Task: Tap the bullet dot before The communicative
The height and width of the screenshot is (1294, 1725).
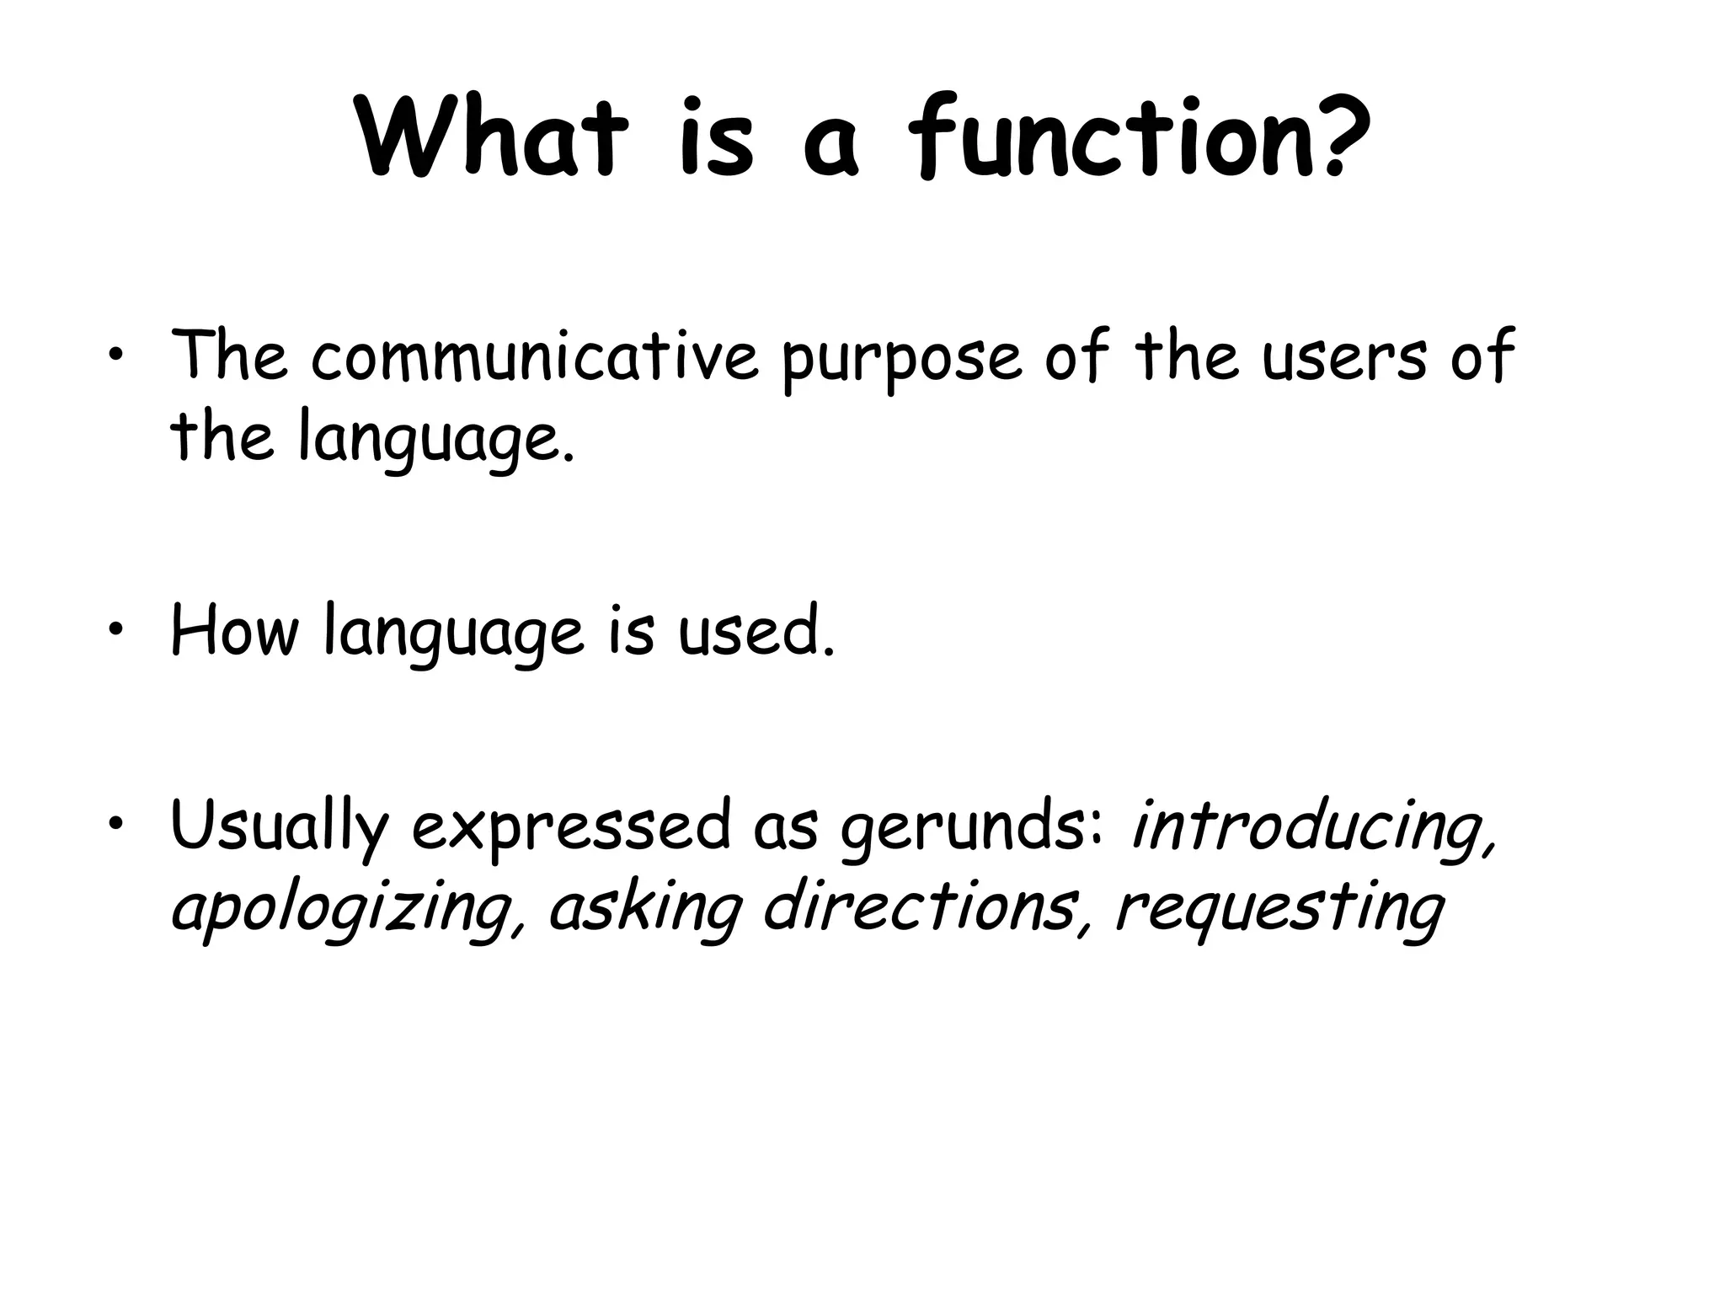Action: [x=115, y=357]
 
